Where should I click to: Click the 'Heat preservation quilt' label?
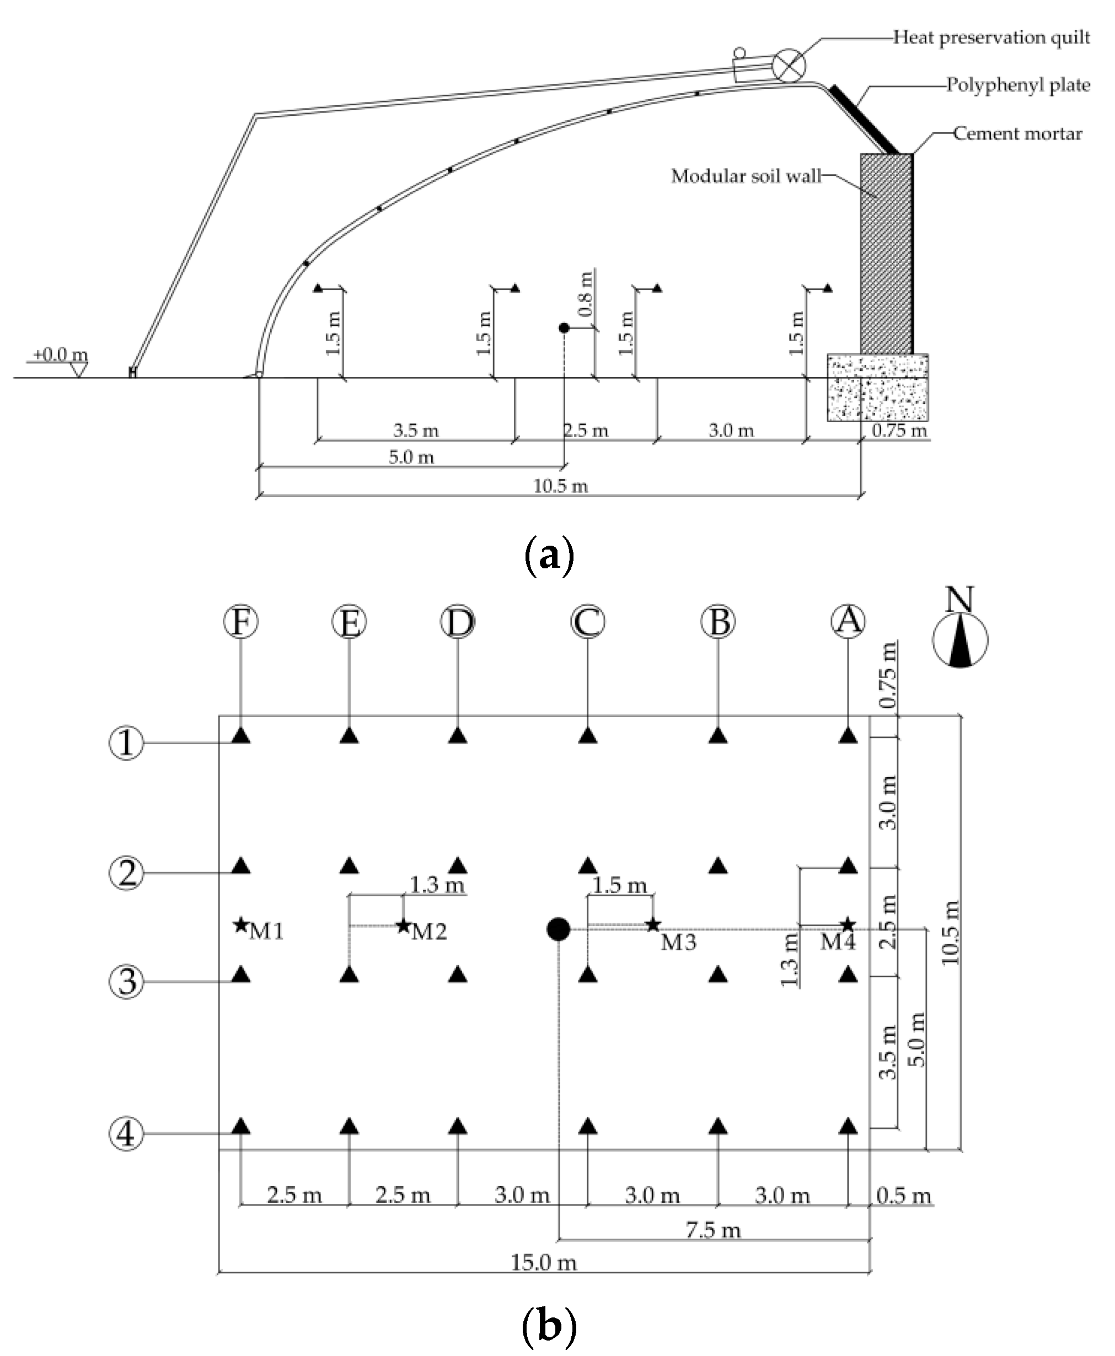(991, 37)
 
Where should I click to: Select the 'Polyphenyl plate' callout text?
(1017, 85)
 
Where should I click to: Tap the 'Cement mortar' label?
(1017, 133)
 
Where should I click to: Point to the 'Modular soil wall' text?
(746, 176)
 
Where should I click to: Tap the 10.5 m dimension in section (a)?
(560, 486)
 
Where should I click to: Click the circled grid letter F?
(241, 622)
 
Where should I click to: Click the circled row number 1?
(126, 743)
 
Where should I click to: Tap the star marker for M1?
(241, 925)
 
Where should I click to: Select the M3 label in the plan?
(678, 943)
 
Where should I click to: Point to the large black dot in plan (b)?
(558, 929)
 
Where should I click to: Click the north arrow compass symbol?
(959, 639)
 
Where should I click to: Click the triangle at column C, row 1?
(588, 736)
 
